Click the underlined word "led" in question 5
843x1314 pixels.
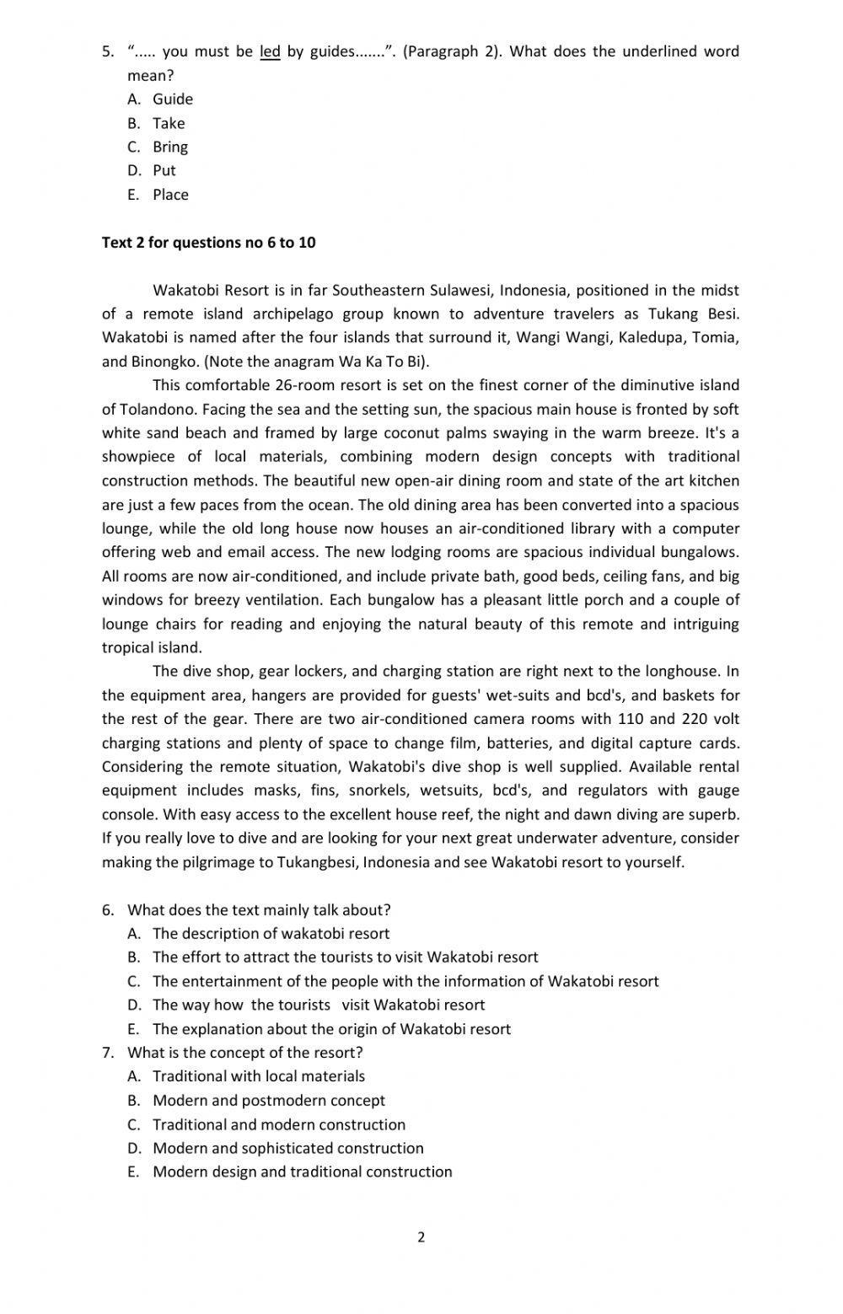click(x=270, y=51)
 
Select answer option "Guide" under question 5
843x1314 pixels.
click(x=173, y=99)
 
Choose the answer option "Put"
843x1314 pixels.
click(x=164, y=170)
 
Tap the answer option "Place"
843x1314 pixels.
click(x=170, y=195)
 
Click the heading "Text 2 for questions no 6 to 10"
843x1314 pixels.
click(x=209, y=243)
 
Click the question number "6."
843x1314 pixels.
click(x=108, y=910)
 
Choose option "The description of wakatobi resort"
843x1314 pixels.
click(x=271, y=934)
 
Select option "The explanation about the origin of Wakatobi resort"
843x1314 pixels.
click(x=331, y=1029)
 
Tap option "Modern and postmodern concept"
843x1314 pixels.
click(x=268, y=1101)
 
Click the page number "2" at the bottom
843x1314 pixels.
click(x=421, y=1237)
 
